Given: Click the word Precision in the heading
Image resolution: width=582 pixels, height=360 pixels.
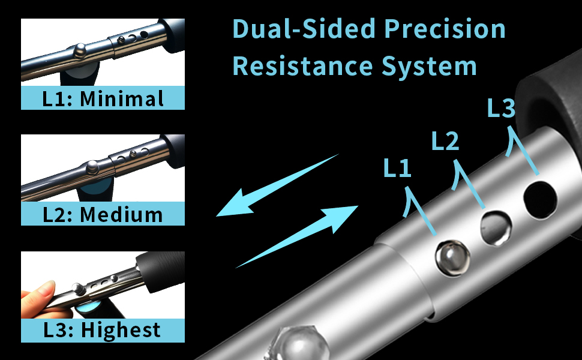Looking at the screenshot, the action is (445, 29).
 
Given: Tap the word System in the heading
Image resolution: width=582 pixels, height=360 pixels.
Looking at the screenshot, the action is (429, 67).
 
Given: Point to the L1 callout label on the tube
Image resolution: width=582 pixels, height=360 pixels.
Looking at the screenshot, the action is (397, 167).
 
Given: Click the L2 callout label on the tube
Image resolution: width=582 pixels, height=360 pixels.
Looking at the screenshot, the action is (445, 141).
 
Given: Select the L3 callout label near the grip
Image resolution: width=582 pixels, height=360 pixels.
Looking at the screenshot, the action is (501, 108).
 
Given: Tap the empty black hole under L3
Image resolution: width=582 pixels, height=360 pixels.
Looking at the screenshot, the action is (540, 200).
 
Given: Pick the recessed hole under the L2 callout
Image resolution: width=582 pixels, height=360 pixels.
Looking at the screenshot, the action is (496, 228).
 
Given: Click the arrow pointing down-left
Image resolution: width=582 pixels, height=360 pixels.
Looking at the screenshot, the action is (277, 186).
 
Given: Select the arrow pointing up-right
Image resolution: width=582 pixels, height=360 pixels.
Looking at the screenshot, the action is (297, 236).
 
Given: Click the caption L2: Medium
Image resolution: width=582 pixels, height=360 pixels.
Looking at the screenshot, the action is (103, 215).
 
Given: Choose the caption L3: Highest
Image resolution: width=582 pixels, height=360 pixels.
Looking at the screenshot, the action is (102, 330).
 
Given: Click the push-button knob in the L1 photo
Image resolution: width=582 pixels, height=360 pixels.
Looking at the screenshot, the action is (80, 50).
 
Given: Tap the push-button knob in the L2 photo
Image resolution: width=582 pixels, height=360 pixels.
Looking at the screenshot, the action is (92, 167).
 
